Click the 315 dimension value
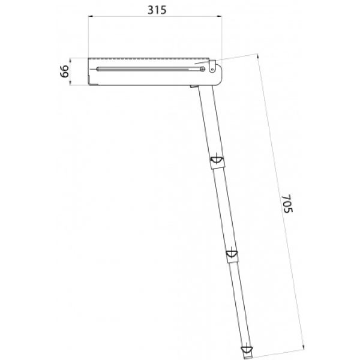pos(157,10)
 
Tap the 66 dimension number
pos(64,71)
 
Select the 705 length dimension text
pos(287,203)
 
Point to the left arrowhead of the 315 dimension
pos(90,16)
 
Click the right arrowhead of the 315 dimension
pos(220,16)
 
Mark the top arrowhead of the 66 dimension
pos(70,59)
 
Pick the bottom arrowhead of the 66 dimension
pos(70,83)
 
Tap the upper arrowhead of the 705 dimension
pos(257,56)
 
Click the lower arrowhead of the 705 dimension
pos(304,348)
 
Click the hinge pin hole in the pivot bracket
pos(212,69)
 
